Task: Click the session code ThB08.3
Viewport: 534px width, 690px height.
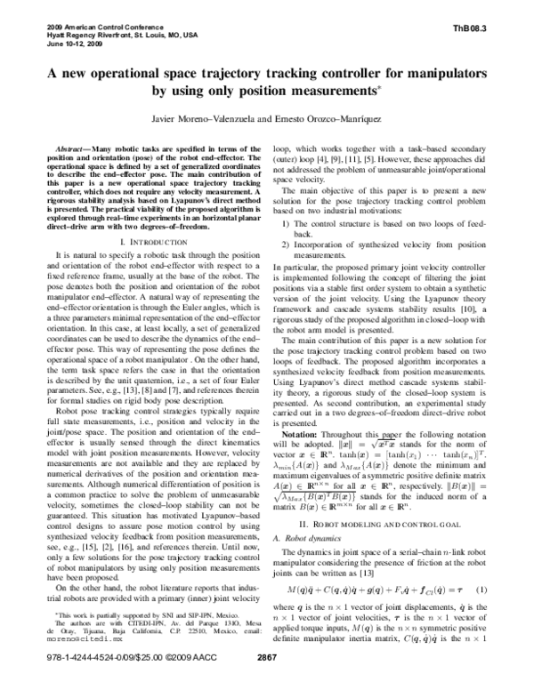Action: (x=473, y=28)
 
